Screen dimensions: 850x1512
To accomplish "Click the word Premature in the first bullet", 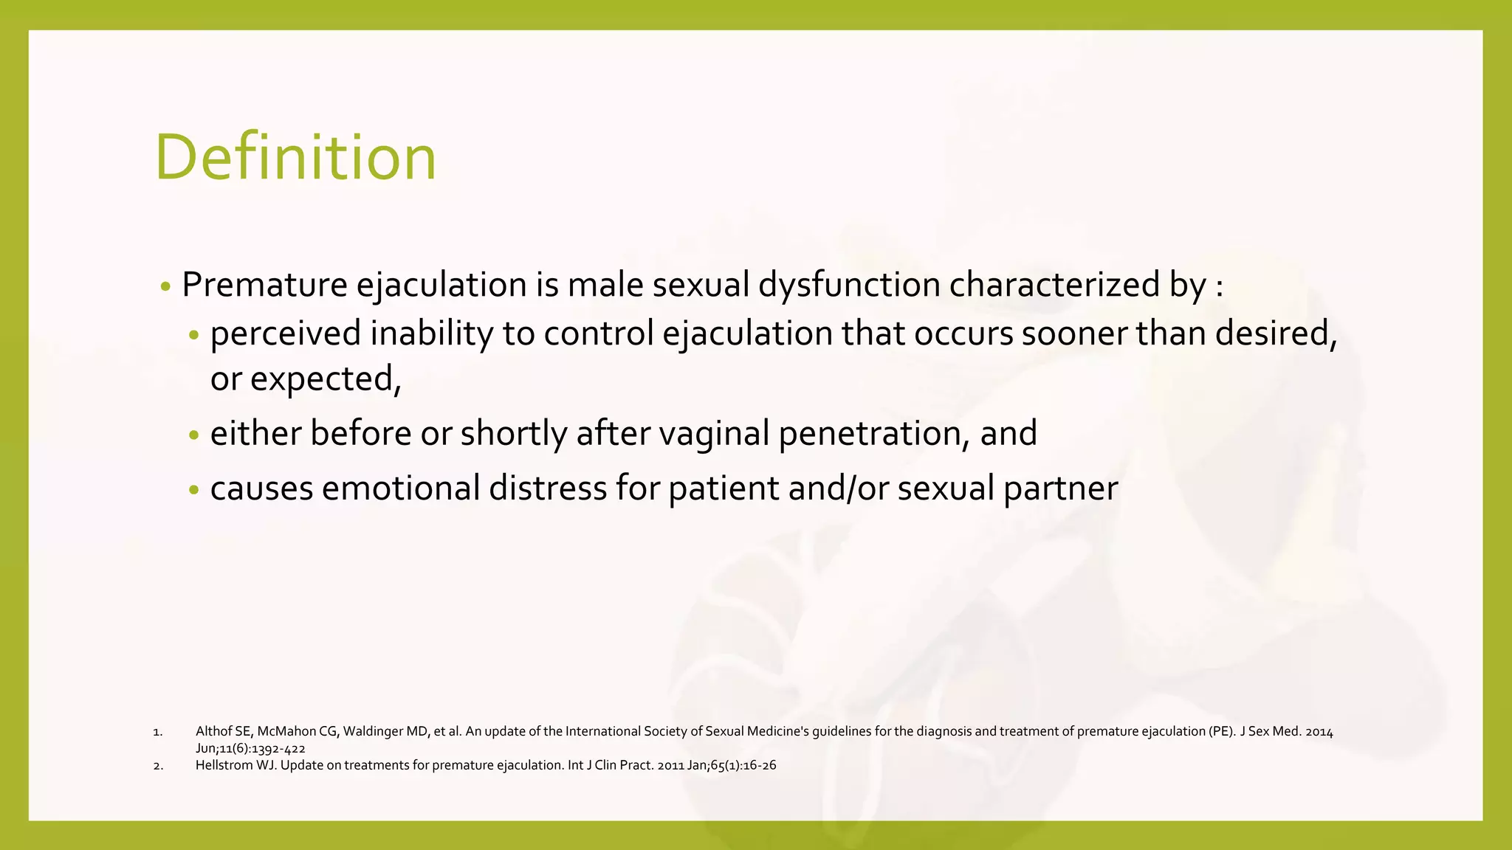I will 264,285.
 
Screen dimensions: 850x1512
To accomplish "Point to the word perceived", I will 286,334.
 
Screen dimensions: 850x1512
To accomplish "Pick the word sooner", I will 1074,334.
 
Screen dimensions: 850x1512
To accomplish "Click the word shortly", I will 513,433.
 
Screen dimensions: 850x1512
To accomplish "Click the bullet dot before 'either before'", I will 194,435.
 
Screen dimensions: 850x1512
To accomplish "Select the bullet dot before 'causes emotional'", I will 194,490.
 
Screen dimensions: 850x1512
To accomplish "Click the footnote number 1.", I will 157,732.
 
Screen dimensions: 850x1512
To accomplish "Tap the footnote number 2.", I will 157,766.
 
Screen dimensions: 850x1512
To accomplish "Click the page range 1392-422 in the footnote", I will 278,748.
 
